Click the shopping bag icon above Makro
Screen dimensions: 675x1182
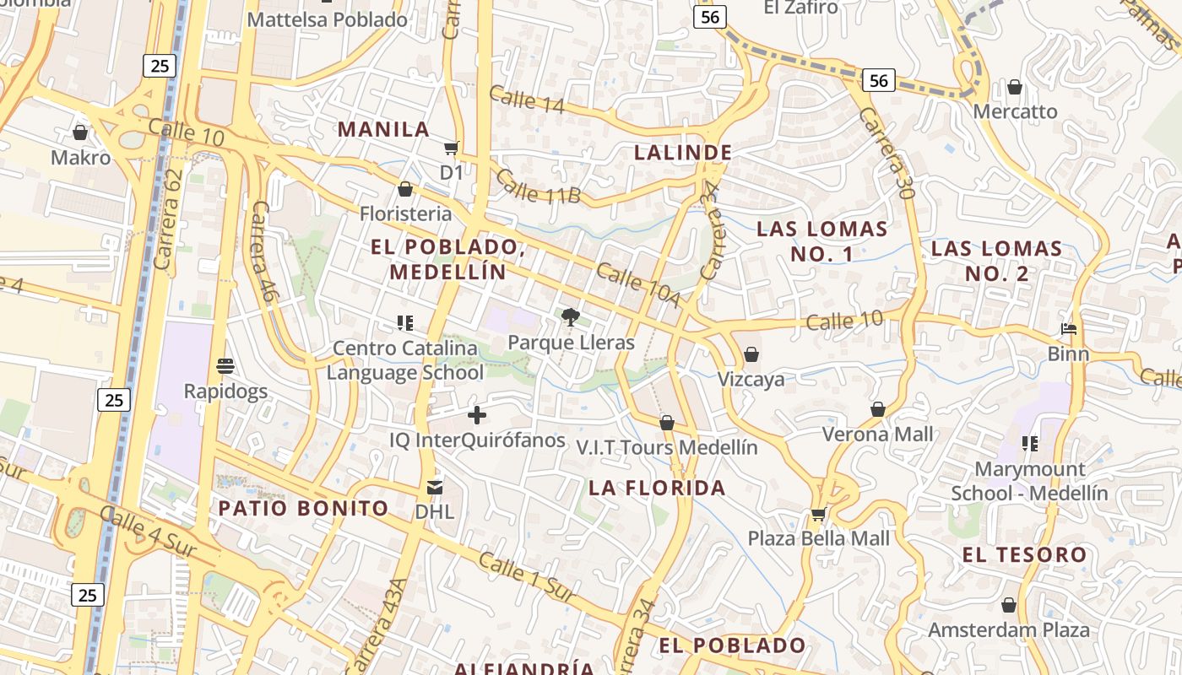click(x=80, y=132)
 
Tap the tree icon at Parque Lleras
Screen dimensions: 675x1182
click(x=571, y=317)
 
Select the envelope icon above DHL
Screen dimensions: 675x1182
click(x=435, y=487)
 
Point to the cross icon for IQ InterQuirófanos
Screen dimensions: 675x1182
click(x=477, y=415)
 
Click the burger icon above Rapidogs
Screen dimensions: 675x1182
click(x=225, y=366)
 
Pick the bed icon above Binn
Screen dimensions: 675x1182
click(x=1069, y=329)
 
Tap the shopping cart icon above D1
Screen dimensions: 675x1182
click(x=452, y=148)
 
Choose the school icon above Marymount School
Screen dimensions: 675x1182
click(x=1029, y=443)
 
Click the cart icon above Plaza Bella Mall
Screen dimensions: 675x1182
click(x=818, y=513)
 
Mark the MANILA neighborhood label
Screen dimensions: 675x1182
click(x=384, y=129)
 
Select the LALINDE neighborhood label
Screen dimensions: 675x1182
click(x=683, y=153)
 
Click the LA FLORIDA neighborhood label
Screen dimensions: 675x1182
click(x=657, y=488)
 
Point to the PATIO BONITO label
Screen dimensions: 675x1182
click(x=303, y=508)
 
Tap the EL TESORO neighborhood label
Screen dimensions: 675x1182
click(x=1024, y=555)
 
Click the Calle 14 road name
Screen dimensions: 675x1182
click(x=526, y=100)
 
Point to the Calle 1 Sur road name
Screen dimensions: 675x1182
click(x=528, y=576)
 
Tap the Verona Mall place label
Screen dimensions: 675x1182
click(x=878, y=434)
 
